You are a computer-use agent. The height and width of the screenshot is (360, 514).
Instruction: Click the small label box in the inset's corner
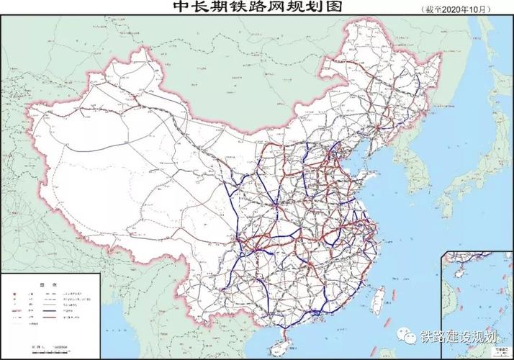(502, 352)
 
